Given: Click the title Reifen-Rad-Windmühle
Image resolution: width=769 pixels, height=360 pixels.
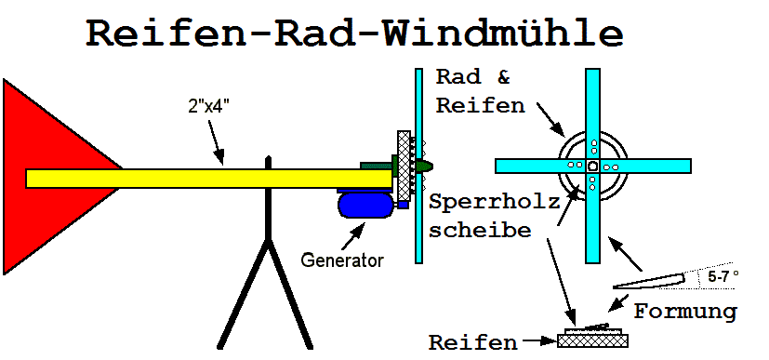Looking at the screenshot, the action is tap(354, 33).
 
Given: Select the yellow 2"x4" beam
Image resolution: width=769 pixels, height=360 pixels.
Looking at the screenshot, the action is tap(209, 179).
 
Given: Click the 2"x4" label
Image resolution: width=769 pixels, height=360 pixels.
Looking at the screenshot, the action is tap(209, 108).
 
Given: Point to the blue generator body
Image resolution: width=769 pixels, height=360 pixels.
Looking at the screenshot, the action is tap(365, 205).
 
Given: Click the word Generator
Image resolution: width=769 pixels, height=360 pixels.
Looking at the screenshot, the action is tap(342, 260).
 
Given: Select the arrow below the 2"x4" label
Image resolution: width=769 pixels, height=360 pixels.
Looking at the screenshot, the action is tap(217, 141).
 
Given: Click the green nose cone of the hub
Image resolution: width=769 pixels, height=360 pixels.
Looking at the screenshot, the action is tap(424, 167).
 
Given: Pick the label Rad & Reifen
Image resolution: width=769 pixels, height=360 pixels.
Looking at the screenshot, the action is tap(481, 91).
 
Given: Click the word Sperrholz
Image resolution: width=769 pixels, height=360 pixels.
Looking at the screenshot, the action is tap(495, 202).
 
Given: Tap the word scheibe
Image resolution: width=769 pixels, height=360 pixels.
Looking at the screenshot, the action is tap(480, 230).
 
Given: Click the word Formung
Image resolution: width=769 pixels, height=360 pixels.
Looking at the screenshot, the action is tap(685, 312).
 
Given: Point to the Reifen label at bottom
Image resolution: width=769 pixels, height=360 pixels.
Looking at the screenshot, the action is tap(473, 342).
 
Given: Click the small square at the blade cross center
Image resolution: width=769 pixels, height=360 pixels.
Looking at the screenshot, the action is tap(592, 166).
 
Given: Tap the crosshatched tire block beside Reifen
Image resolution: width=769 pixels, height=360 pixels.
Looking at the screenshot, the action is tap(592, 340).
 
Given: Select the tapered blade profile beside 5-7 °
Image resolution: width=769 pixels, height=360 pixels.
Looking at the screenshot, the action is tap(648, 281).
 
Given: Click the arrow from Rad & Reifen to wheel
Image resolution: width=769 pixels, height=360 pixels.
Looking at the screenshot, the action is tap(550, 119).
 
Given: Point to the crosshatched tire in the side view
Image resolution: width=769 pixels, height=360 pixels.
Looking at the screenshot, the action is tap(404, 166).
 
